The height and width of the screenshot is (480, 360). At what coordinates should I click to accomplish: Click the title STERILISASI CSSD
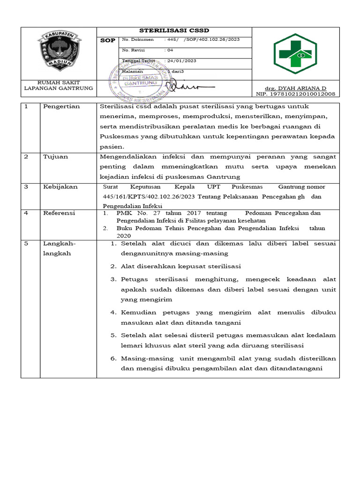pos(174,31)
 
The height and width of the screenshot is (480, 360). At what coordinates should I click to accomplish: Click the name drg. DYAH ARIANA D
pos(295,88)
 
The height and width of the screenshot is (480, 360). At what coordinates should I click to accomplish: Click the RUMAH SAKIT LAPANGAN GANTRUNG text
pos(59,85)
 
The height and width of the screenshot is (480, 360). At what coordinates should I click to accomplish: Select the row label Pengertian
pos(61,106)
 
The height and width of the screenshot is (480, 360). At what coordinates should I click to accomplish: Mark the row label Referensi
pos(59,213)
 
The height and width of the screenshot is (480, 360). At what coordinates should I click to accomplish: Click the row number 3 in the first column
pos(27,187)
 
